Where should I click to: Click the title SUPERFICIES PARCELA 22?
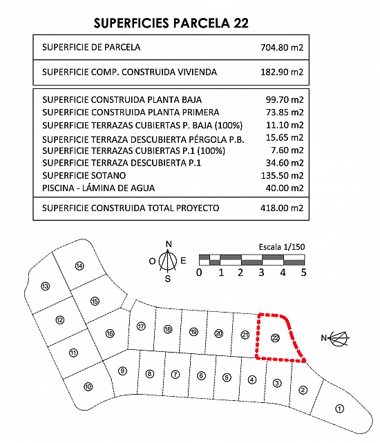(x=171, y=23)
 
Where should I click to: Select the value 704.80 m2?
(x=282, y=47)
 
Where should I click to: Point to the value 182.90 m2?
(x=282, y=72)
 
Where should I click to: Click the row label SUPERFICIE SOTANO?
(x=84, y=175)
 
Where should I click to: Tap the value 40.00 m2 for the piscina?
(x=285, y=188)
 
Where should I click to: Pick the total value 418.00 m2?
(x=282, y=208)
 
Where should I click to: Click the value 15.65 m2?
(x=285, y=137)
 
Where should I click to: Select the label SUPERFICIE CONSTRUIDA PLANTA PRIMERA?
(x=131, y=112)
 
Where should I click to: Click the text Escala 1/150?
(x=282, y=247)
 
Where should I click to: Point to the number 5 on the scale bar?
(x=303, y=273)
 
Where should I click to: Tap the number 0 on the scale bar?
(x=199, y=273)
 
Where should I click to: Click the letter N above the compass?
(x=169, y=244)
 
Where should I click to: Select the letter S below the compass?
(x=168, y=279)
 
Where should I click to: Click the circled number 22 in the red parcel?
(x=275, y=337)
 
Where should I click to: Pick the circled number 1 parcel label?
(x=339, y=408)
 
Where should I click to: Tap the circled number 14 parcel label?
(x=79, y=266)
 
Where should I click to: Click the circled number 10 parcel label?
(x=88, y=386)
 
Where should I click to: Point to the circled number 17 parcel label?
(x=141, y=326)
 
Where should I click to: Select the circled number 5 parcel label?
(x=227, y=377)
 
